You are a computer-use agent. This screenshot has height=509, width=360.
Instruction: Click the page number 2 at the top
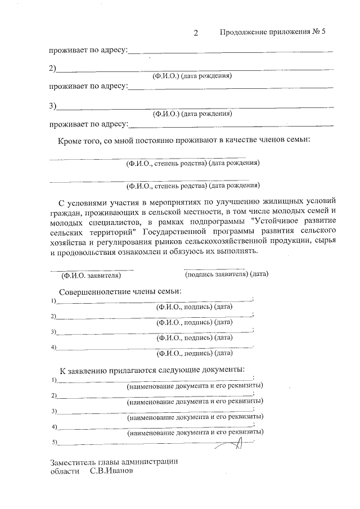(196, 33)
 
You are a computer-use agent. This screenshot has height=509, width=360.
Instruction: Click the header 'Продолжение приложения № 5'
(273, 32)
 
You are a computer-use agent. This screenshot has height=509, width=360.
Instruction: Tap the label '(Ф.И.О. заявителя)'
(91, 275)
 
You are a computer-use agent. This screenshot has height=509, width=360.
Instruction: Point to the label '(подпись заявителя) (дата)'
(227, 274)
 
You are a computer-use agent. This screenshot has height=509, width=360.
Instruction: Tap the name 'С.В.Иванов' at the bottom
(111, 472)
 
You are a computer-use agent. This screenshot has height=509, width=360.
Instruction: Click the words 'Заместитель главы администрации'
(114, 461)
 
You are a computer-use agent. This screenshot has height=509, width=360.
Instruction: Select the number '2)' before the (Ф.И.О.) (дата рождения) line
(52, 69)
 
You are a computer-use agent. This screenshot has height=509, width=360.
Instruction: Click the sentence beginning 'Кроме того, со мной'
(184, 140)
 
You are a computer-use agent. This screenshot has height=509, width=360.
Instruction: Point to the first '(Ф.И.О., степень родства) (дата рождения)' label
(193, 164)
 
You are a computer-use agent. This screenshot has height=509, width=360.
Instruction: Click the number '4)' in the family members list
(54, 347)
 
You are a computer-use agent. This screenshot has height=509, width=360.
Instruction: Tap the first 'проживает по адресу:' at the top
(88, 51)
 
